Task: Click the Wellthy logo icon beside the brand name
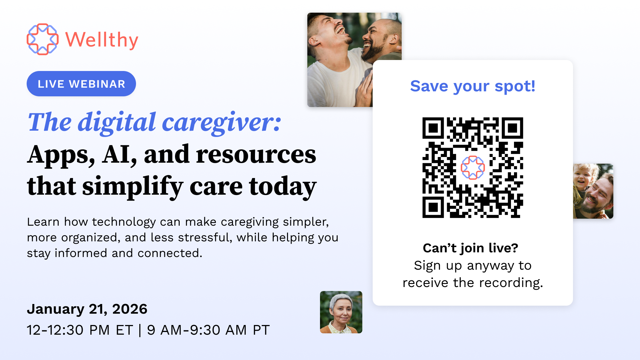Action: (x=42, y=39)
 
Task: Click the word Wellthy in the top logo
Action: (x=102, y=40)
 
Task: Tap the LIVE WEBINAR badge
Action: (x=81, y=84)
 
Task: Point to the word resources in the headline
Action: (x=256, y=155)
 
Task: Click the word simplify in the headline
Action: (x=132, y=186)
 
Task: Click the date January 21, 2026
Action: (x=87, y=309)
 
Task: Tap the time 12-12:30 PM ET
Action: (x=80, y=330)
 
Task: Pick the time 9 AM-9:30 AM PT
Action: (x=208, y=330)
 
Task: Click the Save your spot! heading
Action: (x=473, y=86)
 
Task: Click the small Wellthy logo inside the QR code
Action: (x=473, y=168)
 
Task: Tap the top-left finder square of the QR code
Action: (x=433, y=128)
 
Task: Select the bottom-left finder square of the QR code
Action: (x=433, y=207)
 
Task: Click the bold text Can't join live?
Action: (x=470, y=248)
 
